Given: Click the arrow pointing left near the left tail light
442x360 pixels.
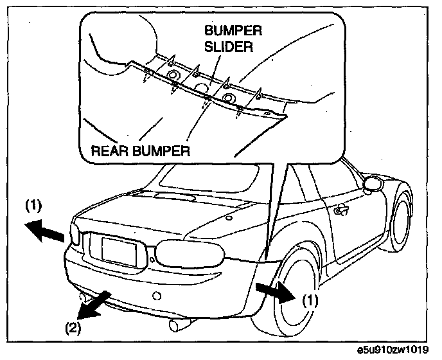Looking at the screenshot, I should coord(46,230).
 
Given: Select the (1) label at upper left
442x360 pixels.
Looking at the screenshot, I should coord(34,208).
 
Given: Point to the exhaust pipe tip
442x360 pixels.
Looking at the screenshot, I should coord(176,325).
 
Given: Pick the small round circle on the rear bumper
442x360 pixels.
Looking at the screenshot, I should coord(155,296).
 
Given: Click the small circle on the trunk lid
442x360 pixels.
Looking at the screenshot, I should coord(229,217).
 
